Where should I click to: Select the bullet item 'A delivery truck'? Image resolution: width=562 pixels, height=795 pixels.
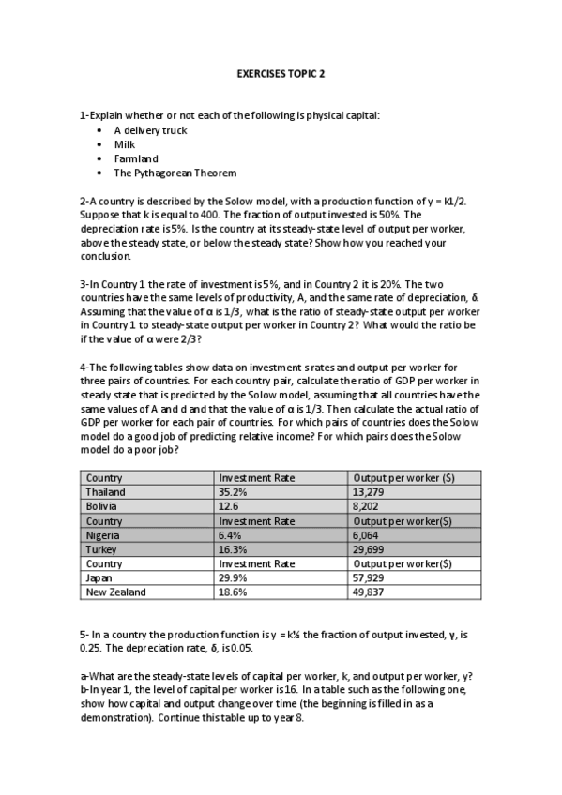[150, 130]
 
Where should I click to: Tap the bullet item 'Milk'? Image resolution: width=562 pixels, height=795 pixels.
[125, 144]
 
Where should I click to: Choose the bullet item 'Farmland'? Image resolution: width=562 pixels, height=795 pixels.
[136, 158]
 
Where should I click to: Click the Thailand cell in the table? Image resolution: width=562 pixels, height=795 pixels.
[105, 491]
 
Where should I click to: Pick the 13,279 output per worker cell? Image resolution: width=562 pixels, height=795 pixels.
[370, 491]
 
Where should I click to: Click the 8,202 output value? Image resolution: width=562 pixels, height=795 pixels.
[366, 506]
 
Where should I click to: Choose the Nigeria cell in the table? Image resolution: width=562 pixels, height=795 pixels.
[102, 534]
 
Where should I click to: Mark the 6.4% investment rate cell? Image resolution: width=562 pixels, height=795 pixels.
[230, 534]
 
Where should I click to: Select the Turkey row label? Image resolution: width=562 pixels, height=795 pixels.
[101, 549]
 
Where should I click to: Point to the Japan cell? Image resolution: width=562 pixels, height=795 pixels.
[99, 578]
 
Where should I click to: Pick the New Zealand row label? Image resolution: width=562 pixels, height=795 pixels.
[115, 592]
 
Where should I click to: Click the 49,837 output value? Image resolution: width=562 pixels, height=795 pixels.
[370, 592]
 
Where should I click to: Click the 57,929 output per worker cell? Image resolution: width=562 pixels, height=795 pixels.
[370, 578]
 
